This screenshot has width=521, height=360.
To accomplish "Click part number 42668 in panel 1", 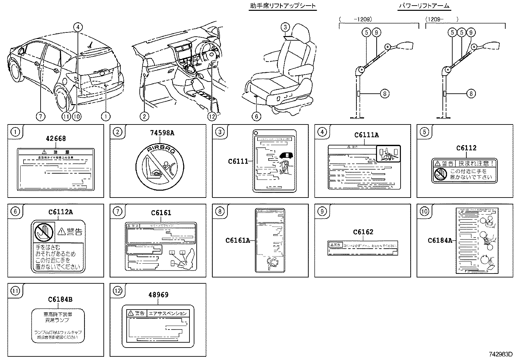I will pos(56,139).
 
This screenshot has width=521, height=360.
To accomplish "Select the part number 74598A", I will pos(158,133).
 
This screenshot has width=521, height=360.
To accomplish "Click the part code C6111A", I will pos(367,135).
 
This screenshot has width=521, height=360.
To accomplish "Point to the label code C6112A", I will pos(61,212).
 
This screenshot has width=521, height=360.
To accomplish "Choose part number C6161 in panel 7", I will pos(161,213).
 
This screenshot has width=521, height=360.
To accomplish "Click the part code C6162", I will pos(363,232).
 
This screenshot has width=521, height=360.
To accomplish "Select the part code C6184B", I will pos(60,299).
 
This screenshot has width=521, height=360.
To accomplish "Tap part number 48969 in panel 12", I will pos(158,295).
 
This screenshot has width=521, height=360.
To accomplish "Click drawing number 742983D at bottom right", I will pos(500,354).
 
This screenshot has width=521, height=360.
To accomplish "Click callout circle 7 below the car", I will pos(41,116).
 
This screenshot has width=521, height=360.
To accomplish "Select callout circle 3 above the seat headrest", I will pos(285,27).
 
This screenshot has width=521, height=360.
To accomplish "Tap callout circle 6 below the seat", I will pos(256,116).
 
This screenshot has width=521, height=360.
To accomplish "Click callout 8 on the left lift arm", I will pos(385,94).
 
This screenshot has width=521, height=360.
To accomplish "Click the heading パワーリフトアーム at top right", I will pos(424,6).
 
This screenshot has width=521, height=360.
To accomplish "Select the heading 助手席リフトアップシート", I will pos(282,6).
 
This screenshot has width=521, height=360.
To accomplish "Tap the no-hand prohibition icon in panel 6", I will pos(44,232).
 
